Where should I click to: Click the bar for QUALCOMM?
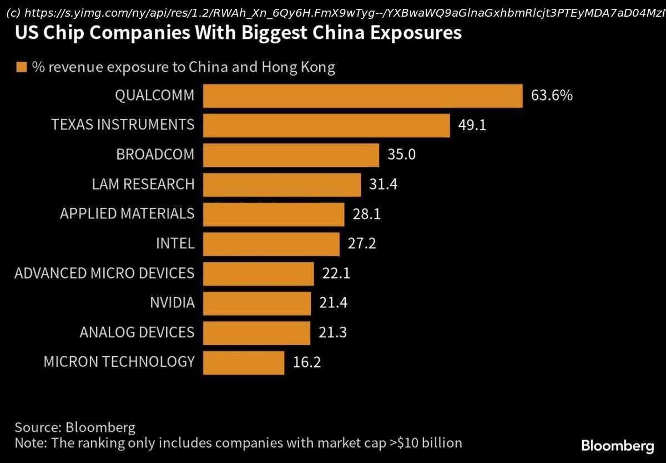point(362,96)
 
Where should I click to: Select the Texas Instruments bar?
point(326,125)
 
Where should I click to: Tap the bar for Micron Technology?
point(244,362)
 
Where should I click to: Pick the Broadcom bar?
point(291,155)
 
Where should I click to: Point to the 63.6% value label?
point(551,95)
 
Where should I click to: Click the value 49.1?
point(472,125)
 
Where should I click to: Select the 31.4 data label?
point(383,184)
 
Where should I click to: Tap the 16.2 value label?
point(306,362)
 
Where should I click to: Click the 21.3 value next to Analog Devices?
point(332,332)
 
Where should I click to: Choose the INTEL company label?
point(175,243)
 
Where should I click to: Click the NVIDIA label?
point(172,303)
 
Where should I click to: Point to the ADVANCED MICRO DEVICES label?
point(104,273)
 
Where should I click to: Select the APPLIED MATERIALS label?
point(127,213)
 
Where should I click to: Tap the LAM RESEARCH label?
point(143,184)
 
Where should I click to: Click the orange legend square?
point(22,67)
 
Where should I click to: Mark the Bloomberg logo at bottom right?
point(617,446)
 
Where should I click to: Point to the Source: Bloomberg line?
point(75,427)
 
